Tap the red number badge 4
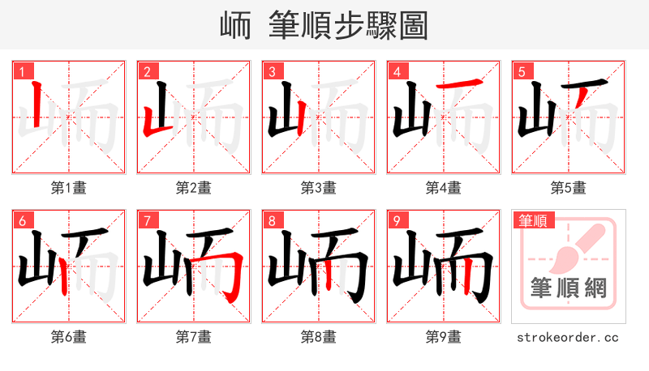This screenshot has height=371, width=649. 397,72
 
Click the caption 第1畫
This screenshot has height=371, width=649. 68,188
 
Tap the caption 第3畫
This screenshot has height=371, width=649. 318,188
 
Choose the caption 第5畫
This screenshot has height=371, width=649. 568,188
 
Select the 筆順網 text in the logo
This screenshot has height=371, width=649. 568,288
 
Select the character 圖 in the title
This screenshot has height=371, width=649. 412,26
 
